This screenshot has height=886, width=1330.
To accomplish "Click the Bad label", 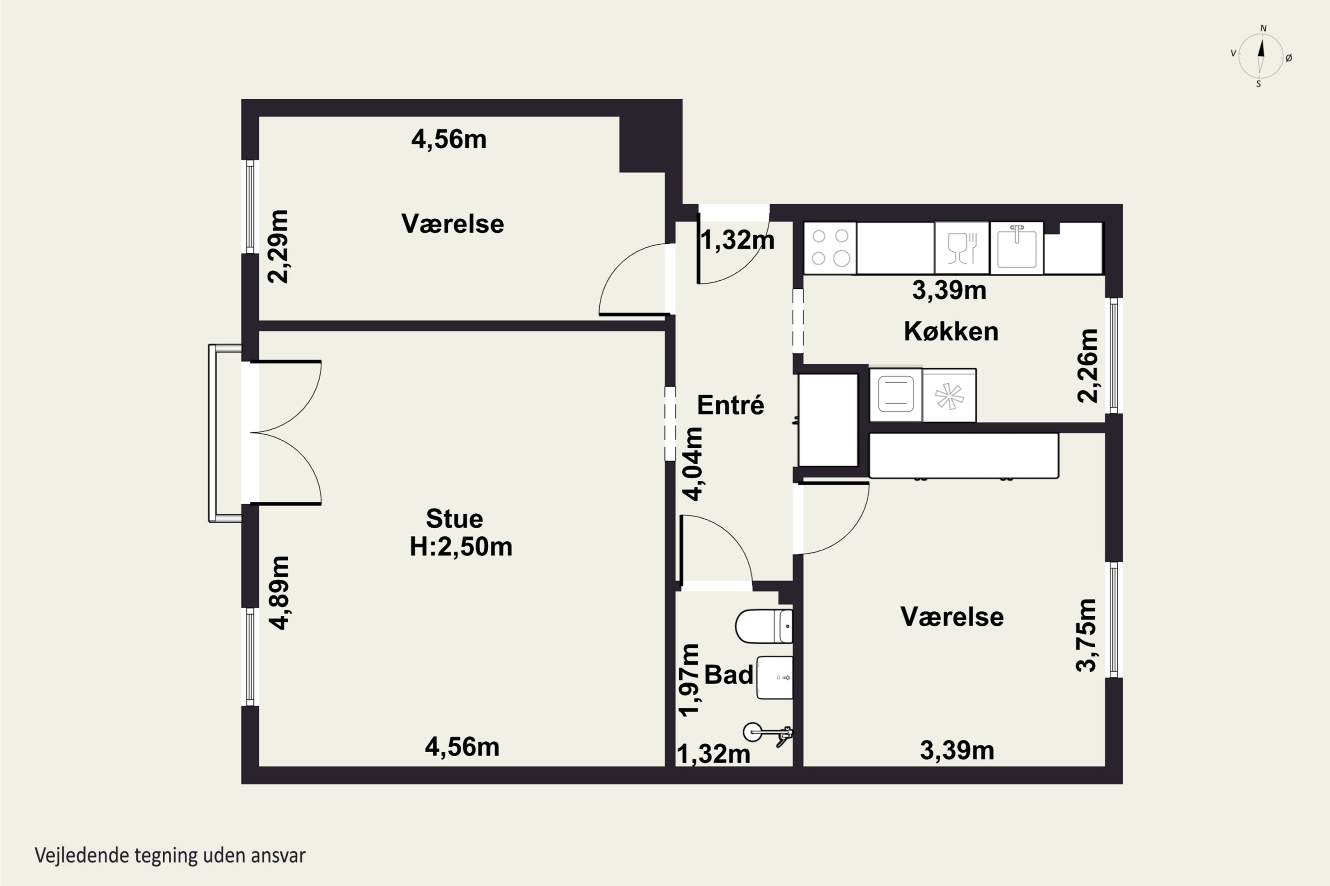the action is (728, 675).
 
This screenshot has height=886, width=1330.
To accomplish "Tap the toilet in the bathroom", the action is (764, 626).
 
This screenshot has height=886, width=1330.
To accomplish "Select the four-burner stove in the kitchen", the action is (830, 248).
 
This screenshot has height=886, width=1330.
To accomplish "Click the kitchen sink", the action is (1017, 248).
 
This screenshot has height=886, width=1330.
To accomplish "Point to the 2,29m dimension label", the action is (278, 246).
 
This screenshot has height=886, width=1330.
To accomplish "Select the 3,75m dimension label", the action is (1086, 635).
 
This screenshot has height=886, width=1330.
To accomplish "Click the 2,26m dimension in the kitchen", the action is (1087, 365).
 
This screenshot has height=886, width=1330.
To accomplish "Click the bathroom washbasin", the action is (774, 677).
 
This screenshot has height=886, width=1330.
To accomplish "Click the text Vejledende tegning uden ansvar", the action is (170, 855).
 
